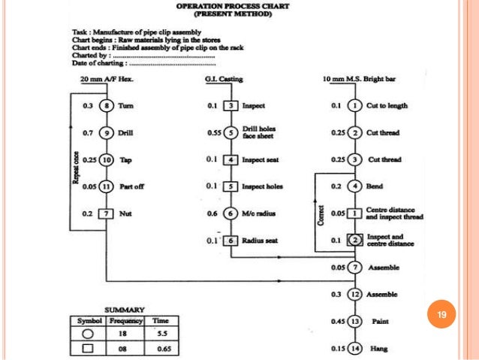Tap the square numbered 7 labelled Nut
click(x=108, y=213)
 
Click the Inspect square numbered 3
click(x=233, y=106)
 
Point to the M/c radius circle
click(x=233, y=213)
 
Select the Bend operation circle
click(x=357, y=186)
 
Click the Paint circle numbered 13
click(x=357, y=322)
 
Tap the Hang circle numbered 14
click(x=357, y=349)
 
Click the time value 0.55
click(x=213, y=133)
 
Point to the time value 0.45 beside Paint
click(x=336, y=322)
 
